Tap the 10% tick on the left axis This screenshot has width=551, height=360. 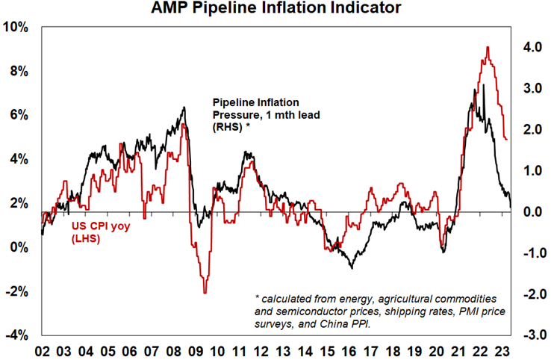point(17,28)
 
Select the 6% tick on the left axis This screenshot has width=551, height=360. point(20,116)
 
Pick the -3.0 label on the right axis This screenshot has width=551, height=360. point(529,335)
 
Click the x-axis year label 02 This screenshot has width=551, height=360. point(43,350)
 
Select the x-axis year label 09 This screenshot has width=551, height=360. point(196,350)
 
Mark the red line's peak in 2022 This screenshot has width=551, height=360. point(487,48)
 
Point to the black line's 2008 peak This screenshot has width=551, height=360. point(184,108)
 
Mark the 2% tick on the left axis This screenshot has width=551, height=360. point(20,204)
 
